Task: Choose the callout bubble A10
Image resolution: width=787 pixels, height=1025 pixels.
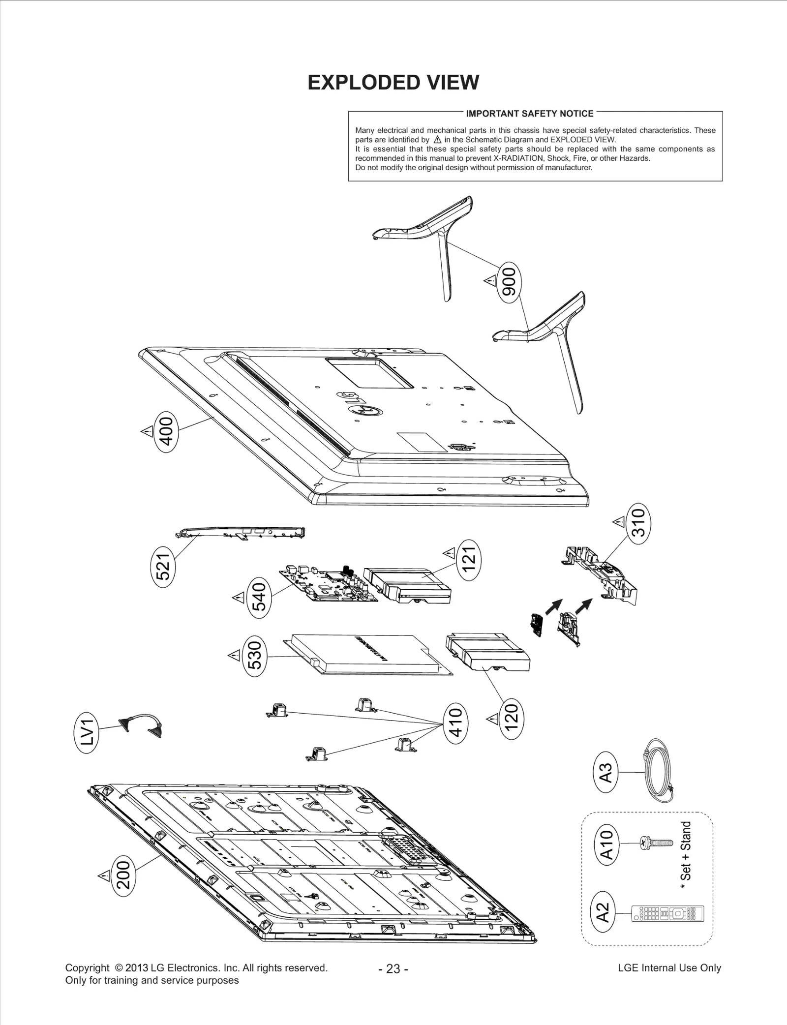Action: tap(607, 844)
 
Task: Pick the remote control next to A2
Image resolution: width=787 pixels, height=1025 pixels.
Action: tap(668, 914)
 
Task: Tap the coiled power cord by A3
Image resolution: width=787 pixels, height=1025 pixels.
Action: tap(659, 771)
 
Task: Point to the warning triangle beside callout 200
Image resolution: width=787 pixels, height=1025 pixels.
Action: tap(104, 875)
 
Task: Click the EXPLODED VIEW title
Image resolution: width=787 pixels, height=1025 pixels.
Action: tap(393, 83)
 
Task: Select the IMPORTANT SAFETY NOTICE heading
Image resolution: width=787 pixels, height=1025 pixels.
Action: tap(529, 114)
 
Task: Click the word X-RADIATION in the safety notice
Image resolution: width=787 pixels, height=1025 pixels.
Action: tap(519, 158)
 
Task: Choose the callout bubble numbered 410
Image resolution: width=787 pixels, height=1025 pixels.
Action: tap(455, 723)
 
